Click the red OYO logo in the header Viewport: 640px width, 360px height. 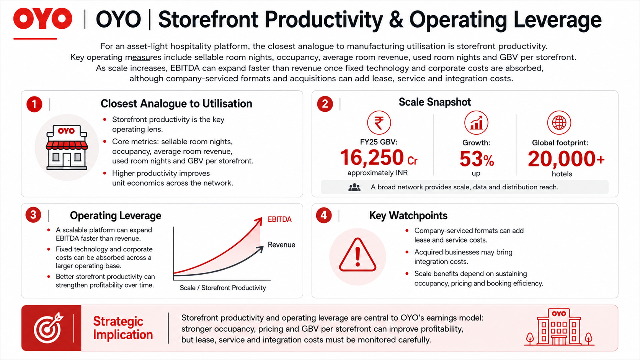[x=42, y=19]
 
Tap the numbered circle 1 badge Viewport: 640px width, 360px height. [x=34, y=104]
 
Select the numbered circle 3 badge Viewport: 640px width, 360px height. [x=33, y=215]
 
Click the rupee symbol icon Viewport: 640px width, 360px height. [x=379, y=123]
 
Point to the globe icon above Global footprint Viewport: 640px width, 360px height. [x=559, y=123]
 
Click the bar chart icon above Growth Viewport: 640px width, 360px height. [x=476, y=123]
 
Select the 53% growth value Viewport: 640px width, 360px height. [x=477, y=159]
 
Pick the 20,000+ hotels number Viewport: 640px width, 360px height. [x=566, y=159]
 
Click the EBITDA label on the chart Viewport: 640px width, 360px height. [x=279, y=219]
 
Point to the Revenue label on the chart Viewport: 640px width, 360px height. [x=281, y=245]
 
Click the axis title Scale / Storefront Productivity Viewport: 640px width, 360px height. [x=222, y=288]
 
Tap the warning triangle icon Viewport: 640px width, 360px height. [x=358, y=255]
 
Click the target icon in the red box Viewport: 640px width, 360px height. [x=48, y=328]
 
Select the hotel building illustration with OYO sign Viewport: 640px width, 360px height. [x=559, y=327]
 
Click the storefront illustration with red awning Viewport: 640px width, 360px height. [x=67, y=147]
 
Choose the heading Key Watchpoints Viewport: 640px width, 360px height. [x=408, y=215]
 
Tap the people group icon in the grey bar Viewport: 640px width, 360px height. [x=354, y=187]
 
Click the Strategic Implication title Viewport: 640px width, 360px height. [x=123, y=328]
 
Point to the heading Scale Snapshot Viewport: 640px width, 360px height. [x=434, y=102]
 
